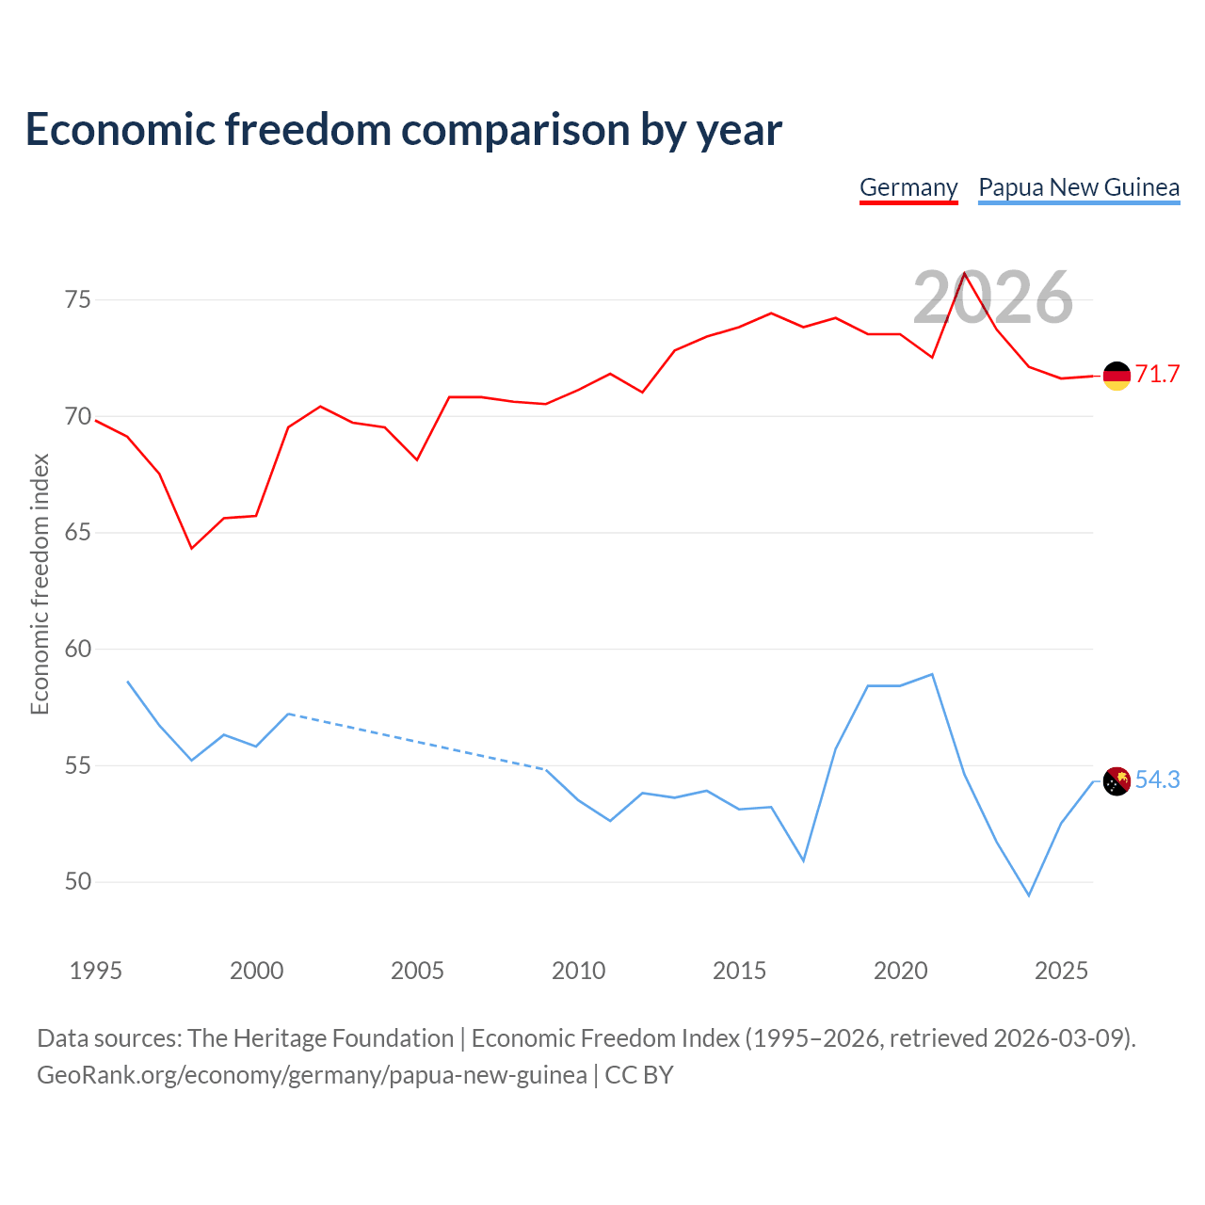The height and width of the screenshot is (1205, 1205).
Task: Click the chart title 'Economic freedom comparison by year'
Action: [403, 129]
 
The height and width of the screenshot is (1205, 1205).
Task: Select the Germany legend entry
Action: [908, 187]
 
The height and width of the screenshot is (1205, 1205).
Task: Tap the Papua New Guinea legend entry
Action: [1079, 187]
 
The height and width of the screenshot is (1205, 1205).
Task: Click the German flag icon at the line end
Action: [1117, 376]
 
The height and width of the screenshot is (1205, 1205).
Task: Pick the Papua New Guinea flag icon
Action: [1117, 781]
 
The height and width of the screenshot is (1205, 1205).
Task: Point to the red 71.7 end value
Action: [1157, 374]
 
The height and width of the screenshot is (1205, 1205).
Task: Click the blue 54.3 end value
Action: [1157, 779]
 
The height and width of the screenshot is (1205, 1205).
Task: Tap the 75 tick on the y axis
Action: [78, 300]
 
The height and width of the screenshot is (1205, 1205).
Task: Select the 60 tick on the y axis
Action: [78, 649]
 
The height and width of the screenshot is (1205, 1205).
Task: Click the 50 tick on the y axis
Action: [78, 882]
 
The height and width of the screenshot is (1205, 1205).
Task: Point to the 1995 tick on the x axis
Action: [96, 971]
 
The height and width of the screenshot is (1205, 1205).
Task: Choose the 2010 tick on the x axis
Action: [578, 971]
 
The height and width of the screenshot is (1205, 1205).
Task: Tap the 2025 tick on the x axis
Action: [1061, 971]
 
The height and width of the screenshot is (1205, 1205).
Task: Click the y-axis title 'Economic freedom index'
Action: [40, 584]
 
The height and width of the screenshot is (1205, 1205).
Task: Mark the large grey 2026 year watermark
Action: [993, 297]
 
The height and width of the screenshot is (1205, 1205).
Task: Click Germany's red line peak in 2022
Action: [964, 273]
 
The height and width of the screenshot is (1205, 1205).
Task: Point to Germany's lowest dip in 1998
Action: [192, 549]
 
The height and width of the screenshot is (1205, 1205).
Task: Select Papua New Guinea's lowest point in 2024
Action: [1029, 895]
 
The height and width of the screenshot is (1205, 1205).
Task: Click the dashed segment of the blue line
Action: [417, 742]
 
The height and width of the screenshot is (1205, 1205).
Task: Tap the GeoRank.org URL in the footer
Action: [312, 1075]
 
